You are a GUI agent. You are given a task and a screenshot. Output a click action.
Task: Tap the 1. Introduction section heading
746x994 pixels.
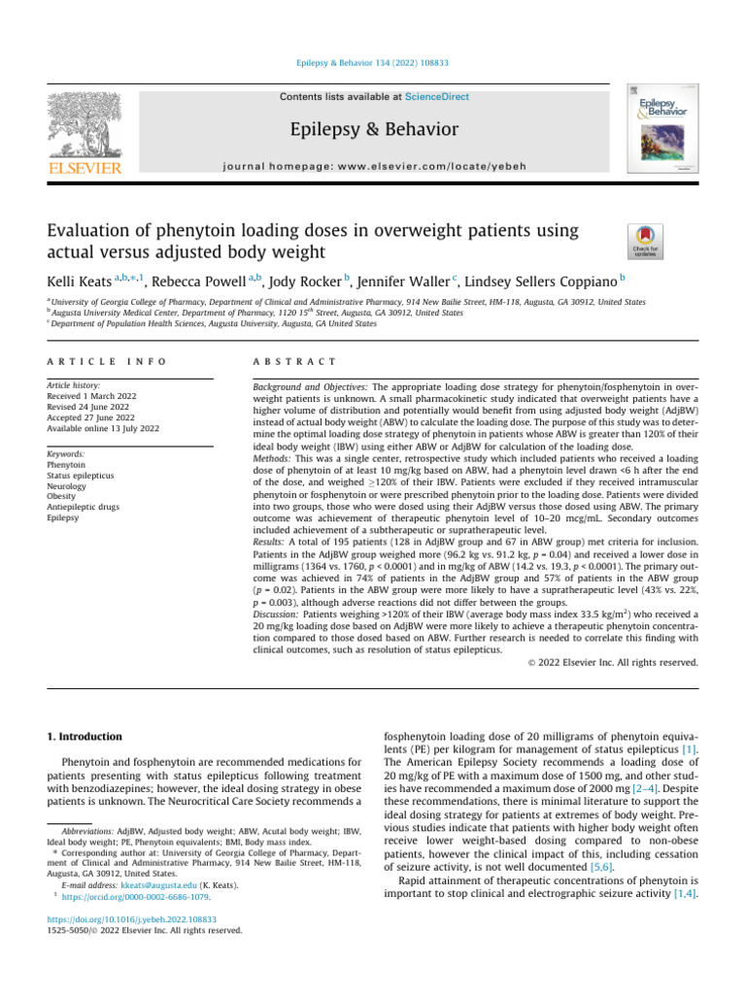tap(85, 737)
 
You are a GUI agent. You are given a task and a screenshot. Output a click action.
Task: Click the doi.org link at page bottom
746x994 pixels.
tap(131, 944)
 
